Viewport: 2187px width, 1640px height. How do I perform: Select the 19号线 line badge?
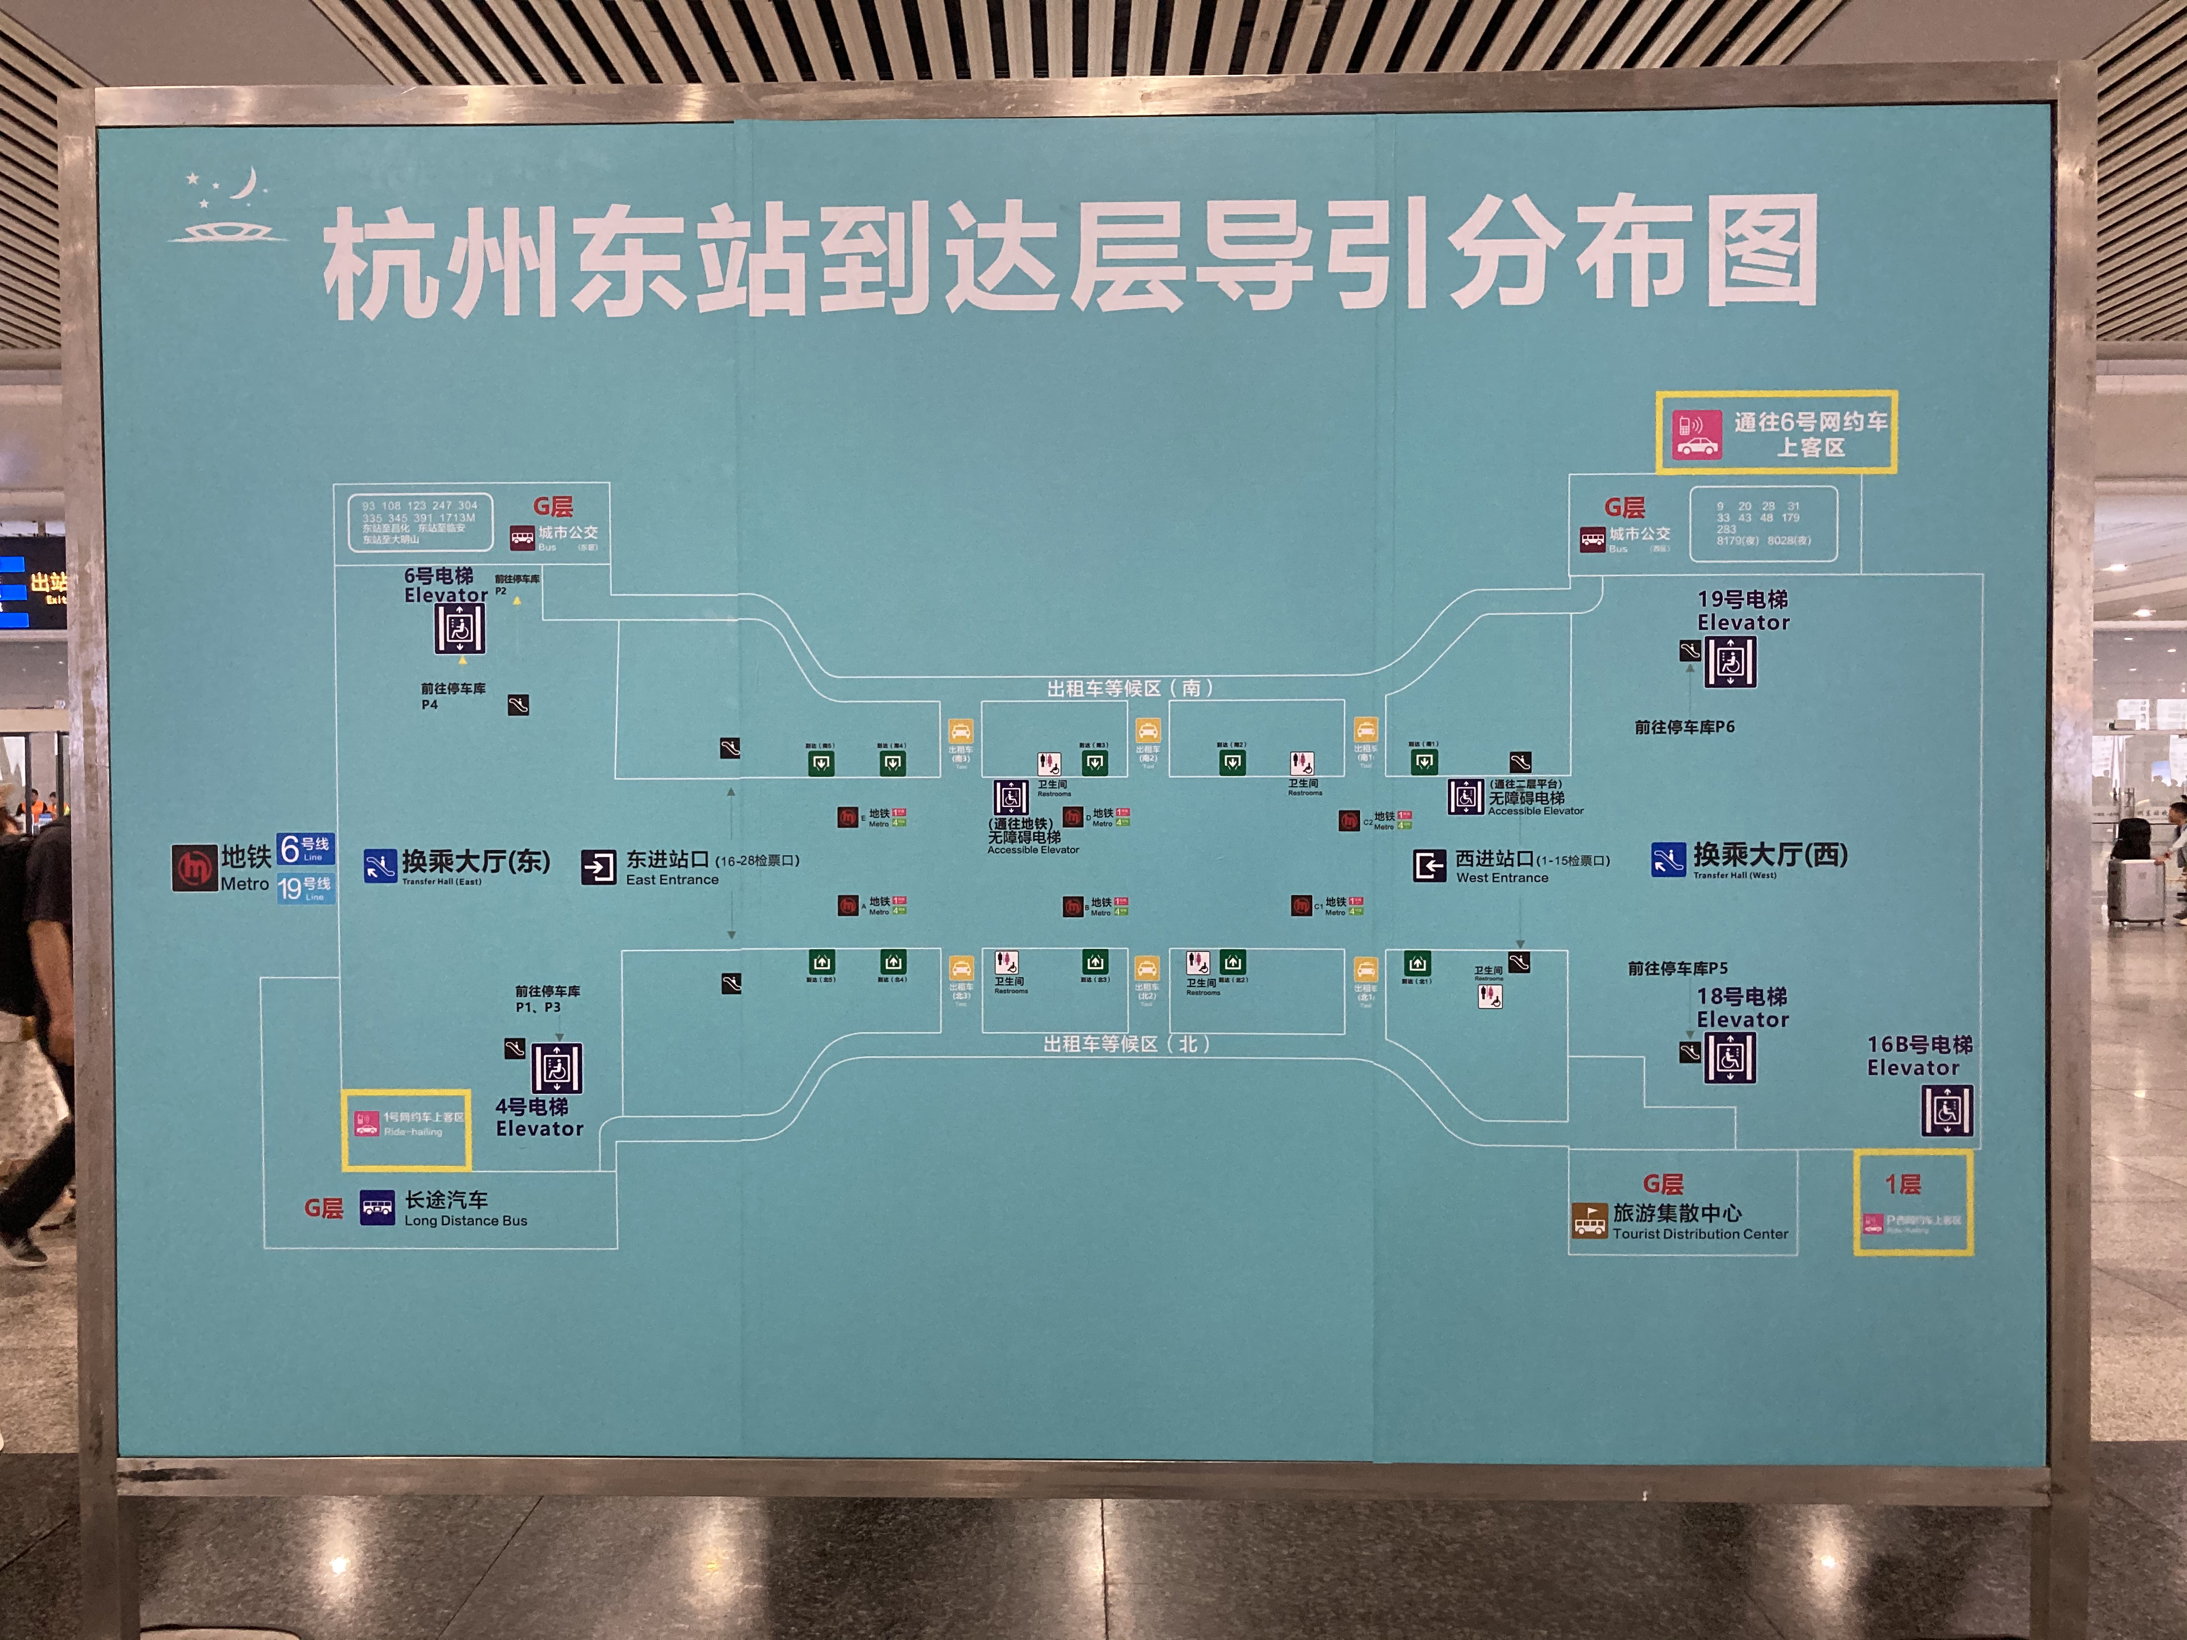[x=305, y=888]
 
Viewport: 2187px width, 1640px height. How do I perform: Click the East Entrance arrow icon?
[x=598, y=867]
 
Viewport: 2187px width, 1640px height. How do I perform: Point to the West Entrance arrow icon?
[x=1429, y=866]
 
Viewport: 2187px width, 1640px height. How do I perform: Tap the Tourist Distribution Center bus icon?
[x=1589, y=1221]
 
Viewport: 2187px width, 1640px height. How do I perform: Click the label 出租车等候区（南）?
[x=1129, y=688]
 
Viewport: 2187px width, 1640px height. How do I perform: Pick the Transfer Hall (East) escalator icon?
[x=380, y=866]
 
